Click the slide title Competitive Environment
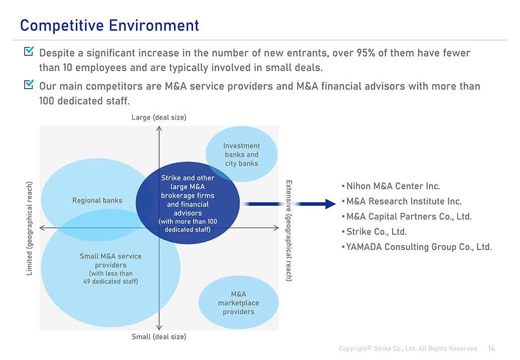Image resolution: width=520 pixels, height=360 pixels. tap(109, 26)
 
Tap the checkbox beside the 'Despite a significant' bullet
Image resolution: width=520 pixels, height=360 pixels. tap(29, 51)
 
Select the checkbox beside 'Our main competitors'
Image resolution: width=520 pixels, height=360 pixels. tap(29, 84)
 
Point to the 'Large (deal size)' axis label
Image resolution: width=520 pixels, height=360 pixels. tap(159, 117)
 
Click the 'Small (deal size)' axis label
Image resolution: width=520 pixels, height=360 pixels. tap(159, 337)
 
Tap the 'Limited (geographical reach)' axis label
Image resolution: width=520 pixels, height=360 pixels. tap(30, 228)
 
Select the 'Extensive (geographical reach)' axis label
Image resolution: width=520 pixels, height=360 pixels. tap(289, 231)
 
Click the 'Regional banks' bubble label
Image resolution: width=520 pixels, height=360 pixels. tap(97, 200)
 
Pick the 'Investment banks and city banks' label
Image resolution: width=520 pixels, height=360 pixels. tap(242, 154)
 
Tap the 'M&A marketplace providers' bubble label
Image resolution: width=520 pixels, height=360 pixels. tap(238, 303)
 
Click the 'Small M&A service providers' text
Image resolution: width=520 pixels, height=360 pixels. tap(110, 260)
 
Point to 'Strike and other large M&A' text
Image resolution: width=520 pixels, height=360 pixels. tap(188, 182)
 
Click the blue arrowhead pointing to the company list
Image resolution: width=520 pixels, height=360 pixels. tap(331, 204)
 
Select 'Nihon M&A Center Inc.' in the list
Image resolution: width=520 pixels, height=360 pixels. tap(393, 186)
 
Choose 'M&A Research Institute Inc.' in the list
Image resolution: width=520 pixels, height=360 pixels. tap(404, 201)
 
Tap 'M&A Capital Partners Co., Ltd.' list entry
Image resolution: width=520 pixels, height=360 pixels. tap(409, 216)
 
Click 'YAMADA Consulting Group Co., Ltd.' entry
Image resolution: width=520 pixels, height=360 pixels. tap(419, 247)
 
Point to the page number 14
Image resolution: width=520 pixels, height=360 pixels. tap(491, 349)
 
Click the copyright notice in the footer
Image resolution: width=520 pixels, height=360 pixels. tap(408, 349)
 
